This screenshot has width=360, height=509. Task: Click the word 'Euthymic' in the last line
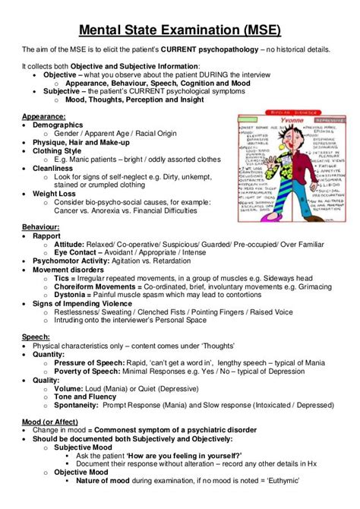click(276, 501)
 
